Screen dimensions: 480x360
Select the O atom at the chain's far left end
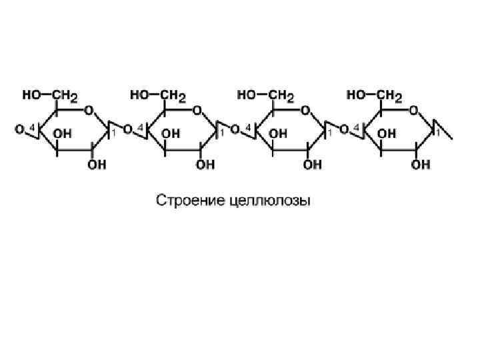click(x=19, y=129)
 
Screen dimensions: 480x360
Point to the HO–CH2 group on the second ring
click(x=158, y=95)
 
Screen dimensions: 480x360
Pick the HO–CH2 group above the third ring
click(x=267, y=95)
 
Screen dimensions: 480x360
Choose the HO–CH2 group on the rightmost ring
click(x=375, y=95)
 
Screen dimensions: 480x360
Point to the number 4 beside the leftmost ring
click(x=32, y=127)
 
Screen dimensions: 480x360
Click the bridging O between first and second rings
click(x=128, y=129)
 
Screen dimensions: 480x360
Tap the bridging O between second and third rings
click(x=236, y=129)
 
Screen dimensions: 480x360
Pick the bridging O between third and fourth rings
click(x=344, y=129)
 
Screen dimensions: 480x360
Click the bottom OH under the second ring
click(x=205, y=165)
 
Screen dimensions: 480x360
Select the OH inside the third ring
click(x=279, y=133)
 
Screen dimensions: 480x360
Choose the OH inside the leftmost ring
click(x=63, y=133)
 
